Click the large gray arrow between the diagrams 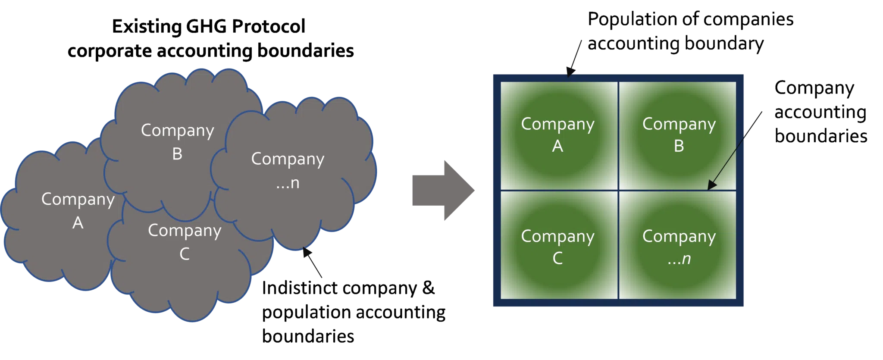pos(443,190)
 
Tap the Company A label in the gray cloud pos(78,210)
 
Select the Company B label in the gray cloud pos(177,141)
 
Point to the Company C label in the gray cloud pos(185,241)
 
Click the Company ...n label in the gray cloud pos(288,170)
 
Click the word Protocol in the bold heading pos(269,26)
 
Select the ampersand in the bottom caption pos(429,288)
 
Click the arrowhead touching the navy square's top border pos(570,72)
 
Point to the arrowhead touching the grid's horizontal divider pos(712,185)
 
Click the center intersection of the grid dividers pos(619,190)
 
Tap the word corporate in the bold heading pos(110,51)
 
